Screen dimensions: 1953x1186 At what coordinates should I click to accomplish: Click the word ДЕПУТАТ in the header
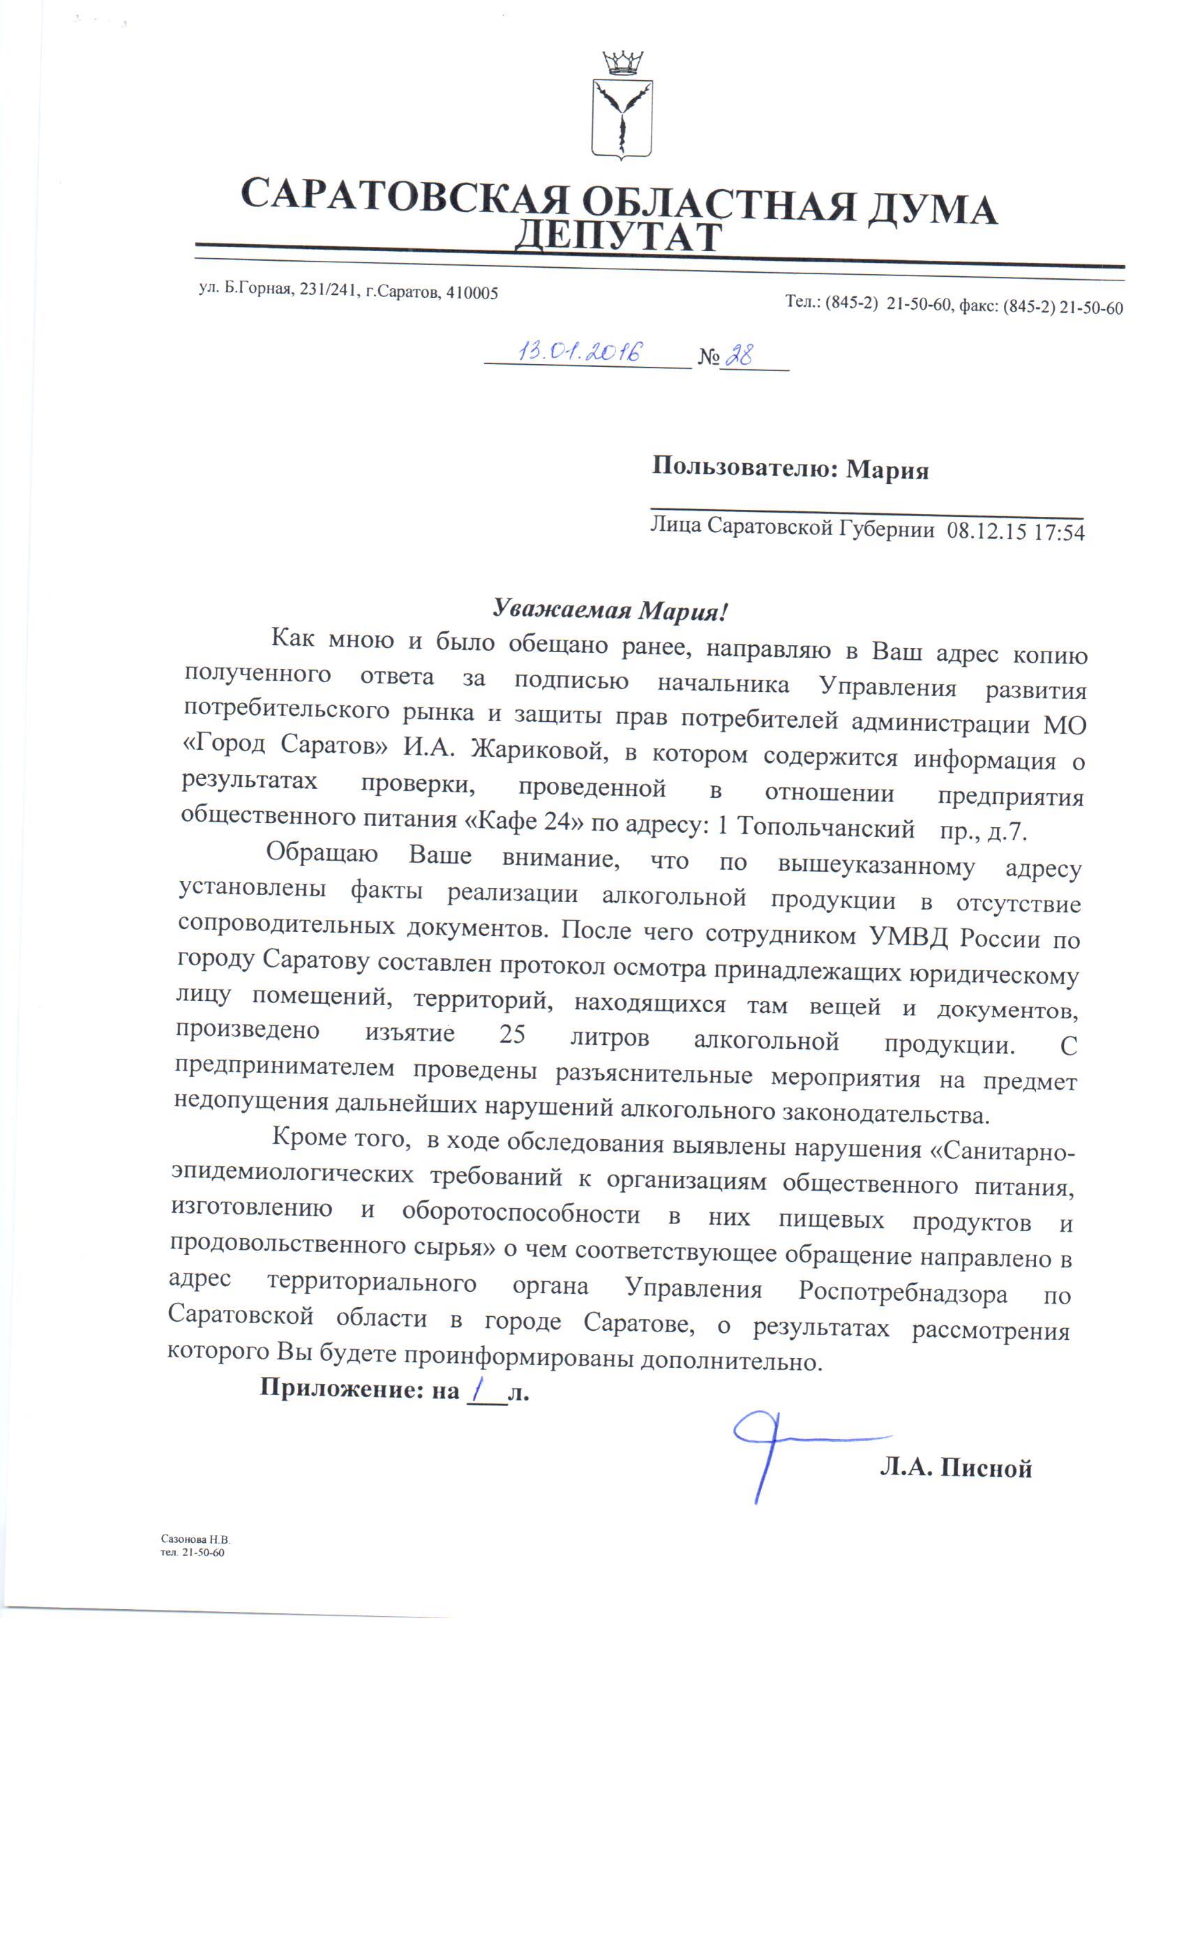pyautogui.click(x=618, y=236)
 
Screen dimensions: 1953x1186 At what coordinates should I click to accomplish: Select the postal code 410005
pyautogui.click(x=472, y=293)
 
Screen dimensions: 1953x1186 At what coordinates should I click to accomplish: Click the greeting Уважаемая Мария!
pyautogui.click(x=610, y=610)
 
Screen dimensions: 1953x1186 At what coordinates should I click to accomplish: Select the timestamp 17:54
pyautogui.click(x=1059, y=533)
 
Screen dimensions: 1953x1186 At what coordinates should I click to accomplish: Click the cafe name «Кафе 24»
pyautogui.click(x=523, y=821)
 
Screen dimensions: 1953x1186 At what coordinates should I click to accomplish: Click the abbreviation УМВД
pyautogui.click(x=908, y=937)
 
